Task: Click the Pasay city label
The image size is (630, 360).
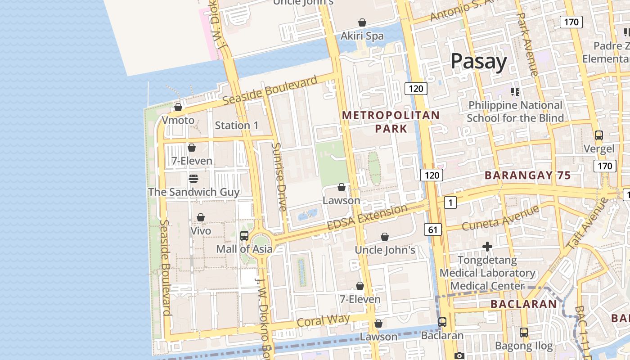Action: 478,61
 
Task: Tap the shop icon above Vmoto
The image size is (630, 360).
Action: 178,107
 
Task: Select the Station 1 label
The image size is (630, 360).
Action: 237,126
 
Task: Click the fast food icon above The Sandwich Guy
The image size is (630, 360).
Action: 193,179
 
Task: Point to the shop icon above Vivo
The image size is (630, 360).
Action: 201,218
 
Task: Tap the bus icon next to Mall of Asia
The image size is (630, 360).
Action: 244,235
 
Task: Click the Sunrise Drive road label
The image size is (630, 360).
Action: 279,177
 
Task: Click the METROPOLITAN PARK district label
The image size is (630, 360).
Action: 391,122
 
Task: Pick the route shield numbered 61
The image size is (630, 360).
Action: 432,230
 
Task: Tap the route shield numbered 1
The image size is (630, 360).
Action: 450,203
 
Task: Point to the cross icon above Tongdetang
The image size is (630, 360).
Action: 487,247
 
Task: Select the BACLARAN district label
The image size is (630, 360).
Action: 523,304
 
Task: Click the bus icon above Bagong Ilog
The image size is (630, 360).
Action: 524,333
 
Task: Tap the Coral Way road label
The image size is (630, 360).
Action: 323,321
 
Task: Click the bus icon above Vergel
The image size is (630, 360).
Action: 598,135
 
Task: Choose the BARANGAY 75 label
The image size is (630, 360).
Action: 527,175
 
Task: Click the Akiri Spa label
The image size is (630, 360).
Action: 362,36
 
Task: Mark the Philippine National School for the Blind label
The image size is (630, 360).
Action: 515,112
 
